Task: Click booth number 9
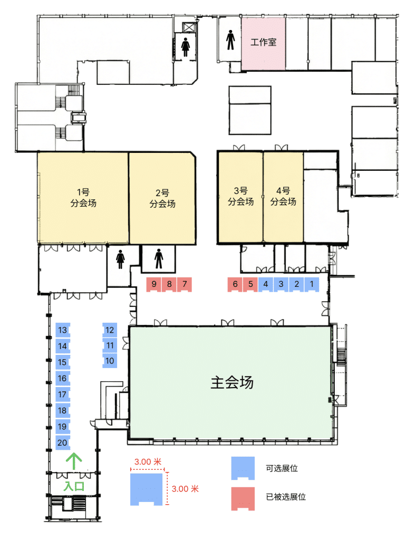154,284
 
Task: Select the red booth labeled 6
235,284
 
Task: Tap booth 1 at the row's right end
312,284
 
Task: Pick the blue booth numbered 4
266,284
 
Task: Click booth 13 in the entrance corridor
63,330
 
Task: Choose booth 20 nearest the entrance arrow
63,443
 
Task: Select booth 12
110,330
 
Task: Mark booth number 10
110,361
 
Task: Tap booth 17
63,394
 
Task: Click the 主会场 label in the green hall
232,383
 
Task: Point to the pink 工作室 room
264,44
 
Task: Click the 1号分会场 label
83,198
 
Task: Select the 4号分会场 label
283,196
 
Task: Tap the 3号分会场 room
241,197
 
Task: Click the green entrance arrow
74,461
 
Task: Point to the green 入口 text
74,486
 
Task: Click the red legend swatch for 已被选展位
243,499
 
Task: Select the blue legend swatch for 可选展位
243,468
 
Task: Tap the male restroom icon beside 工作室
230,40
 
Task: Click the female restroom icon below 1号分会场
120,259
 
